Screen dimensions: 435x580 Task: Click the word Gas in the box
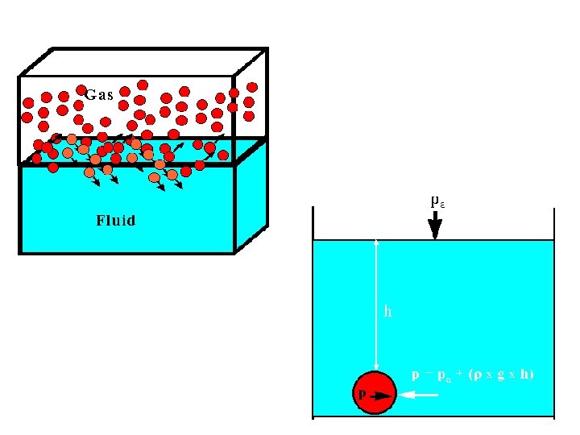[99, 93]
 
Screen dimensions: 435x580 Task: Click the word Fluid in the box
[115, 220]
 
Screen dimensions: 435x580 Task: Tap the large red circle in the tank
[375, 392]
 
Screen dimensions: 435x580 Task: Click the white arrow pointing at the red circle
[418, 395]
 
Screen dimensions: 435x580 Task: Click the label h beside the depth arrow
[387, 311]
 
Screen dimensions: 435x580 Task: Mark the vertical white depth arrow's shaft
[376, 306]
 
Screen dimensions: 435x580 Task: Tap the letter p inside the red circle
[362, 394]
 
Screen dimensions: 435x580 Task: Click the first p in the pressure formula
[416, 375]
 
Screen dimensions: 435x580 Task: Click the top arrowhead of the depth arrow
[376, 242]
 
